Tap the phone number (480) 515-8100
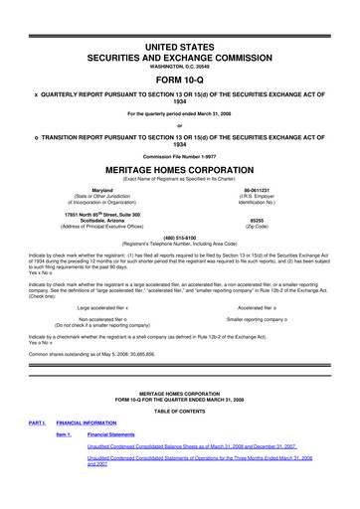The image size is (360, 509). coord(179,238)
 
